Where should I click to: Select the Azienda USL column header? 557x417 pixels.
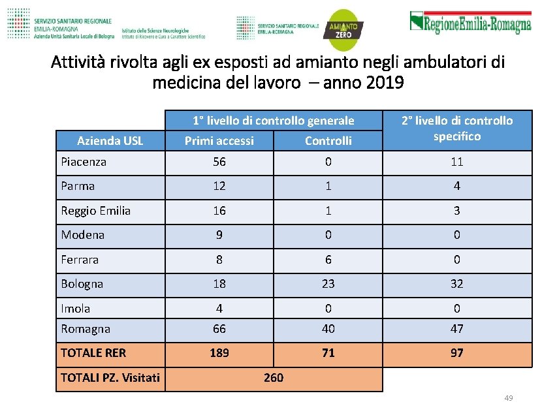[110, 140]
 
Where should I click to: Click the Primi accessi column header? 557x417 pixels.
[219, 140]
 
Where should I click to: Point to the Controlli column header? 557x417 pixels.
[328, 140]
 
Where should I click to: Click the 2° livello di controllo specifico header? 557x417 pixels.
[457, 128]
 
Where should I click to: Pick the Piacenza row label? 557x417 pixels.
[84, 161]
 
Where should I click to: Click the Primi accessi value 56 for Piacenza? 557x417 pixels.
[219, 162]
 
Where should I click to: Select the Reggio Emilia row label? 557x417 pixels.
[95, 210]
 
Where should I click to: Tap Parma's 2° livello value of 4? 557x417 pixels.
[457, 186]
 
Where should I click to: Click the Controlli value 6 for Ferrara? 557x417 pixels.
[328, 260]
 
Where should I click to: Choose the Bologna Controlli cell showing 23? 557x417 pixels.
[328, 284]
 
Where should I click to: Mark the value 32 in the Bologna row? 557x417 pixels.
[457, 284]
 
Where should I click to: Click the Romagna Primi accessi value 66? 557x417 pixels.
[219, 329]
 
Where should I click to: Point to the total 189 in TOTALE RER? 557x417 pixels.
[219, 353]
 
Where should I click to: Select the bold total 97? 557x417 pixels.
[457, 353]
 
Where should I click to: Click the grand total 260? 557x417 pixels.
[274, 377]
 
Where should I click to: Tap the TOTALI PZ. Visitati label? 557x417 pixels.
[110, 377]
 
